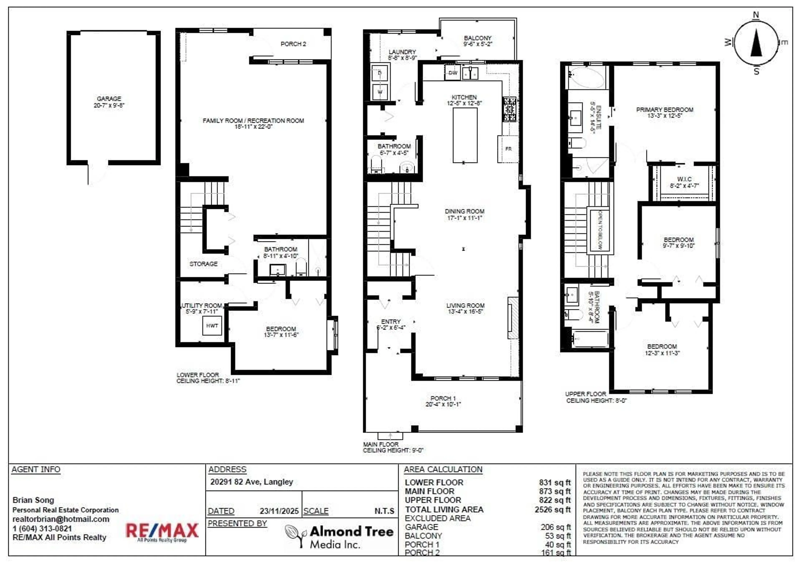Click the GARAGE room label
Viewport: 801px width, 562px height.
coord(109,99)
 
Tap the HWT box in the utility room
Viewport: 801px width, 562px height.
coord(212,326)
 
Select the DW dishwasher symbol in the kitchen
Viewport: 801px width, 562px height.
coord(452,73)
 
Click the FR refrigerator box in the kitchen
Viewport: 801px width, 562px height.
coord(508,149)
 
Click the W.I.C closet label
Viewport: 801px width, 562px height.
coord(684,179)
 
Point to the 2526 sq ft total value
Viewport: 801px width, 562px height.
coord(552,510)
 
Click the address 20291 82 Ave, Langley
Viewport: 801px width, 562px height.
coord(251,482)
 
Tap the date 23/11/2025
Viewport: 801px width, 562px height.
coord(279,511)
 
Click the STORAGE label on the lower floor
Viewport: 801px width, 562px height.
coord(203,264)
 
